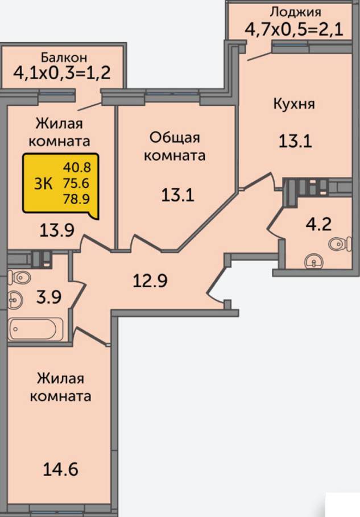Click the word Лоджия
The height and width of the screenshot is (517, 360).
[295, 13]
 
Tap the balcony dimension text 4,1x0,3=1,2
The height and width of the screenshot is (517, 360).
[62, 73]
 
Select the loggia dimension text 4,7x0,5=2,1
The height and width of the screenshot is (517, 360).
[294, 29]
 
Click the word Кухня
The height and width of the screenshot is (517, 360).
[294, 104]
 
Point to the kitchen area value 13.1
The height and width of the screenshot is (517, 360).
[295, 141]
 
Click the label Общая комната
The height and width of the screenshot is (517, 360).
[175, 146]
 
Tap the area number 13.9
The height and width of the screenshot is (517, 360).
[57, 230]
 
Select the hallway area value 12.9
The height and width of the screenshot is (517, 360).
[150, 280]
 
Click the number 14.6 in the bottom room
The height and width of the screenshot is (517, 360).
[61, 469]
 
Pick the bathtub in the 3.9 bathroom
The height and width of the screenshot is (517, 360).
[36, 329]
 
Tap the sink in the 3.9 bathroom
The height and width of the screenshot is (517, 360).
[15, 300]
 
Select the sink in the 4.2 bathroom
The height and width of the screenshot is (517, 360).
[314, 262]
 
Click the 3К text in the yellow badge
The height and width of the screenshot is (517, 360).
[43, 183]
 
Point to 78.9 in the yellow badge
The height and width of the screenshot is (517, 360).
[76, 198]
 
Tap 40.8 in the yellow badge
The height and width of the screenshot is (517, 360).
[77, 167]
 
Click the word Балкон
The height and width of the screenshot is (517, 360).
[64, 57]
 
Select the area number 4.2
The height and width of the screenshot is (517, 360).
[318, 224]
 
